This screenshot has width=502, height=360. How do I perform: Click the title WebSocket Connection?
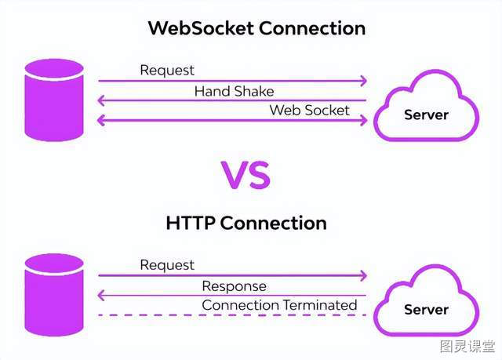tap(256, 28)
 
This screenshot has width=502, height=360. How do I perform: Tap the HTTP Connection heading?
tap(246, 223)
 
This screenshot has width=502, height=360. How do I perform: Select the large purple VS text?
tap(246, 175)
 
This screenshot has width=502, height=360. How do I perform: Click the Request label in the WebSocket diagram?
tap(167, 71)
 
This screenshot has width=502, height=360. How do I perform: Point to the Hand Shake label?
tap(234, 91)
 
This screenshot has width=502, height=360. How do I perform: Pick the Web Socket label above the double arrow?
tap(309, 110)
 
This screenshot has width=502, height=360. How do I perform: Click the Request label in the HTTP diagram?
tap(167, 265)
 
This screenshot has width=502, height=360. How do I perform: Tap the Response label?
tap(234, 286)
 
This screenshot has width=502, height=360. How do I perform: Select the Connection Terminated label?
tap(279, 305)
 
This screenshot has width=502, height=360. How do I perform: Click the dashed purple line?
tap(232, 315)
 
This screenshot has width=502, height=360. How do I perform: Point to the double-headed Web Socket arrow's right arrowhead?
tap(364, 120)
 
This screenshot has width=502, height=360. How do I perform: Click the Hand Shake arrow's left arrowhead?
tap(101, 100)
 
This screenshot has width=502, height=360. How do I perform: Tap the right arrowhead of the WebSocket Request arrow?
tap(364, 81)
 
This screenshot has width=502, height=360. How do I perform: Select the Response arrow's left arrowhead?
tap(101, 295)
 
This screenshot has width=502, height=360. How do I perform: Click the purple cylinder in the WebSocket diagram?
tap(54, 100)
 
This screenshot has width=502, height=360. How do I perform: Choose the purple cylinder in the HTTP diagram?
tap(54, 295)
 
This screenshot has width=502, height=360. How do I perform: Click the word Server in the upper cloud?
tap(426, 115)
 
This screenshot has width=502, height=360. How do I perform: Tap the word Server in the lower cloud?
tap(426, 310)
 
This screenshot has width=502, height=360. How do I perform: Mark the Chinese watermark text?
tap(467, 346)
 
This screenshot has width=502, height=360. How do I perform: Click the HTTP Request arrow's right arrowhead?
tap(364, 275)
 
